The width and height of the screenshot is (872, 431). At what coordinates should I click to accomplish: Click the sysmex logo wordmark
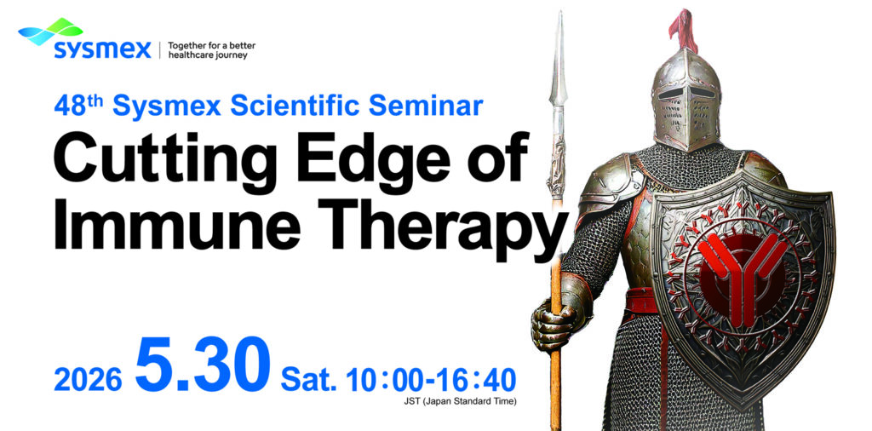102,49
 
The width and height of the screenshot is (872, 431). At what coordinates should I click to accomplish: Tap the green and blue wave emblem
50,32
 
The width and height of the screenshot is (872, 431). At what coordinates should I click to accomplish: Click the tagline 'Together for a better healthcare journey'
211,50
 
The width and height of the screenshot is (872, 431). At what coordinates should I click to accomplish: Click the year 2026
88,380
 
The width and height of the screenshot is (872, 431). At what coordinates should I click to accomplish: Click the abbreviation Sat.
309,380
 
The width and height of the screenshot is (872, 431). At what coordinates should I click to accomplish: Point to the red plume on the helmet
684,31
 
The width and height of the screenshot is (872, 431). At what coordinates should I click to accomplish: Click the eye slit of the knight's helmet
687,92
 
